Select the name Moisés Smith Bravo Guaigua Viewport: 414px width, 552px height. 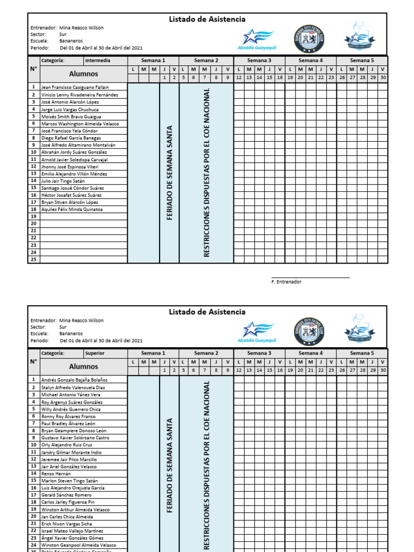click(x=71, y=116)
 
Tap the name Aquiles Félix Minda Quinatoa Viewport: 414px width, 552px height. click(x=72, y=209)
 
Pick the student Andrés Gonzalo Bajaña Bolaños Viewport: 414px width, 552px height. click(x=74, y=380)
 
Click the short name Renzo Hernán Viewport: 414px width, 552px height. click(x=56, y=473)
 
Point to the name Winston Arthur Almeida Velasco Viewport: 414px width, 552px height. click(x=75, y=509)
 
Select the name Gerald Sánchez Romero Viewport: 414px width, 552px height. click(x=66, y=495)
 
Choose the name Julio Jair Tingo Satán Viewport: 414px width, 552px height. click(x=63, y=181)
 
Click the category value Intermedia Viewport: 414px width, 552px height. click(x=98, y=60)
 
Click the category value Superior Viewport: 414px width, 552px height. click(x=95, y=353)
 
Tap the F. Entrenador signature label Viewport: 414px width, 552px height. click(x=286, y=282)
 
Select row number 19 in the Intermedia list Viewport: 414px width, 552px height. click(x=33, y=216)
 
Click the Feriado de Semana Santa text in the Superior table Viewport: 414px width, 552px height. click(x=169, y=465)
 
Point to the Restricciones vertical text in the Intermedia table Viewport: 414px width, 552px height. click(x=206, y=172)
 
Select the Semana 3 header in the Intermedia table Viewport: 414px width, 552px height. click(x=259, y=60)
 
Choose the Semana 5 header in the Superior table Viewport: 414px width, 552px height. click(x=362, y=353)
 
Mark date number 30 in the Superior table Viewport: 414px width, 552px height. click(x=383, y=370)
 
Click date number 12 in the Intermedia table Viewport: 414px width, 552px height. click(x=238, y=78)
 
